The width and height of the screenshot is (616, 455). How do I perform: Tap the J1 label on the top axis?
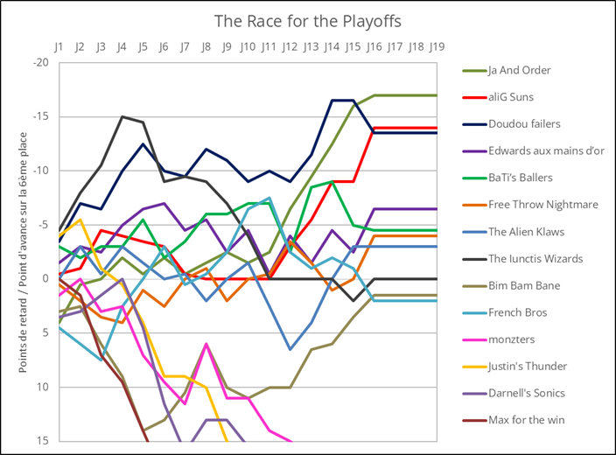point(59,45)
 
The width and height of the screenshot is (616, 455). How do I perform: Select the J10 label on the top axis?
point(248,45)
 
